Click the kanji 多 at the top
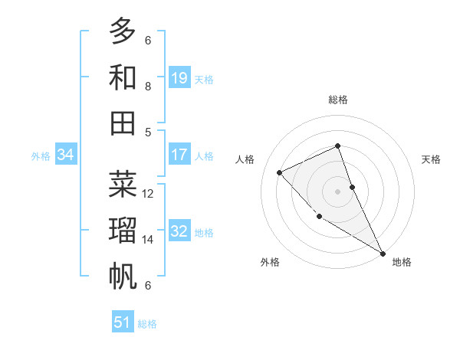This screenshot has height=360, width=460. point(123,31)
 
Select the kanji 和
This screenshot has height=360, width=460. point(123,77)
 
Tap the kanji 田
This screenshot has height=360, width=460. point(123,123)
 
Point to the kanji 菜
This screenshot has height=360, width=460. point(123,185)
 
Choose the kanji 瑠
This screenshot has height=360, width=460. point(123,231)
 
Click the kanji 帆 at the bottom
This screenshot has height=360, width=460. point(123,277)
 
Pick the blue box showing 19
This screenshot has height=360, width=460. point(179,78)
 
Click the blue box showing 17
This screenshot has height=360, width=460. point(179,155)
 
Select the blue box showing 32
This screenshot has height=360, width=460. point(179,232)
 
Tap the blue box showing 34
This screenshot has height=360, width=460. point(66,155)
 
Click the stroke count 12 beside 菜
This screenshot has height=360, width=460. point(148,194)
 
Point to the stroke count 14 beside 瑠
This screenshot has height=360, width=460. point(148,240)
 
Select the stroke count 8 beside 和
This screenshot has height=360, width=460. point(148,87)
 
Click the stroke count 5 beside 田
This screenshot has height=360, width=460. point(148,132)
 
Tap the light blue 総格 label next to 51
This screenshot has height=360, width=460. point(147,324)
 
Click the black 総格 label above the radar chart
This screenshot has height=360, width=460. point(337,100)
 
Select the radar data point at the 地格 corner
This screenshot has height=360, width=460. point(383,253)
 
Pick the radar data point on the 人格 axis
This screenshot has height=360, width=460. point(280,172)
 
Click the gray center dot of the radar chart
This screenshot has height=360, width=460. point(337,191)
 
